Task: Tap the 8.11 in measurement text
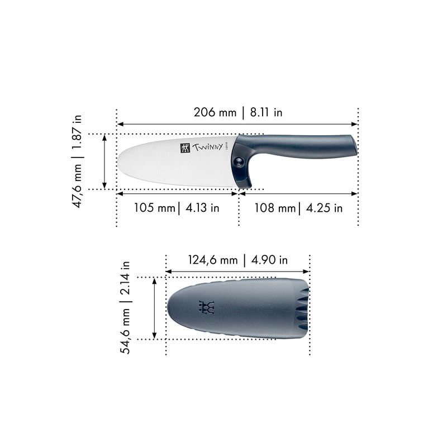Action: click(266, 112)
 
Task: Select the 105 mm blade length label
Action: click(154, 208)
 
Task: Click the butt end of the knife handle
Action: click(354, 146)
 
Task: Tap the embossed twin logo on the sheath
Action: click(207, 307)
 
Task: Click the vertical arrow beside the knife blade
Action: click(105, 161)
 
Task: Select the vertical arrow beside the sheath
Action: click(155, 308)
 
